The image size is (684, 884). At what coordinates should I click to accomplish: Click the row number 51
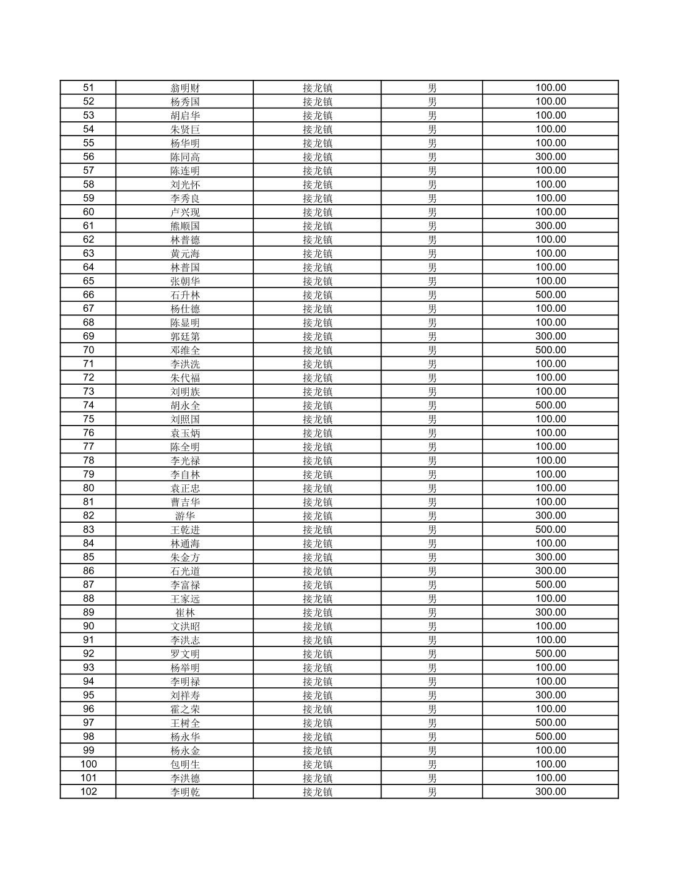coord(89,88)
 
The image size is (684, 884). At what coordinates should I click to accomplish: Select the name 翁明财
coord(185,88)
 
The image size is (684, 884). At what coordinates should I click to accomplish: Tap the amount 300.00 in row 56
coord(550,157)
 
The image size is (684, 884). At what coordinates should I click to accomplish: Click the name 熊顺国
coord(185,226)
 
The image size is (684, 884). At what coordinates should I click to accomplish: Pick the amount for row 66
coord(550,295)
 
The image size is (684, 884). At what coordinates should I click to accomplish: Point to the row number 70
coord(89,350)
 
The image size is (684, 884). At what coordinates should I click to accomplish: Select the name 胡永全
coord(185,406)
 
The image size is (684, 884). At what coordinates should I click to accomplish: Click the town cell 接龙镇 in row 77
coord(317,447)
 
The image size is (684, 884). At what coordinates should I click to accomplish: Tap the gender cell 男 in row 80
coord(432,488)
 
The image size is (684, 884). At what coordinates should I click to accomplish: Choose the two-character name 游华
coord(185,516)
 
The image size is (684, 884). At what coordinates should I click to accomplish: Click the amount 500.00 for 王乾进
coord(550,530)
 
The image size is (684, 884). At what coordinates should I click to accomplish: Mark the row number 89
coord(89,612)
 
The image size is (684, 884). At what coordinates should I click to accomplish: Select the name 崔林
coord(185,612)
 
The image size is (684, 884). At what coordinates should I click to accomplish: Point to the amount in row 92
coord(550,654)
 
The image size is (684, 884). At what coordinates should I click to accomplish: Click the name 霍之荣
coord(185,709)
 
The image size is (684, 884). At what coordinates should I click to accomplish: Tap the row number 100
coord(89,764)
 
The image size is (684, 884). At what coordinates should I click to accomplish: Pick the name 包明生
coord(185,764)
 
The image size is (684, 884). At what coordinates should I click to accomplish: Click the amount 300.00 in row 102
coord(550,792)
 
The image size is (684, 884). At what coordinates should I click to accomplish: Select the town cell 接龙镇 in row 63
coord(317,254)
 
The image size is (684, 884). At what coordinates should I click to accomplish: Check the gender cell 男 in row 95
coord(432,695)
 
